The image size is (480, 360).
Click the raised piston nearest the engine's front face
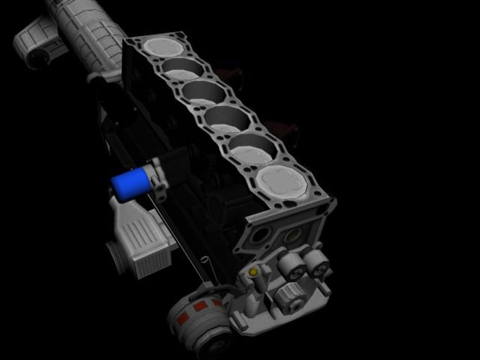(x=282, y=182)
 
